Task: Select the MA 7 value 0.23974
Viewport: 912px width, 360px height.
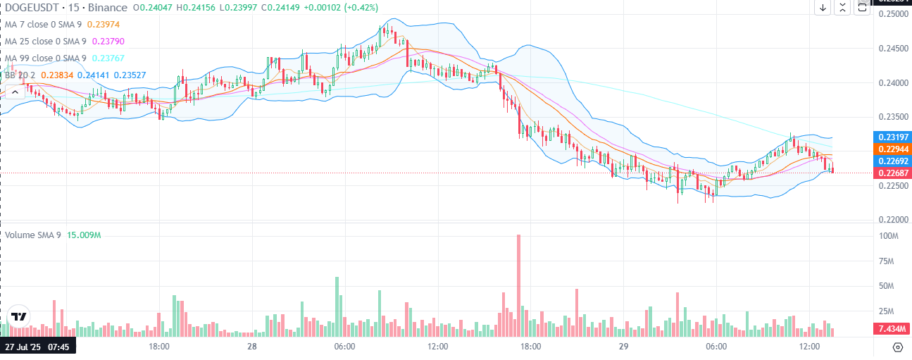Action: pos(106,25)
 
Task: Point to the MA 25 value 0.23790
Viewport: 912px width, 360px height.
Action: pos(108,41)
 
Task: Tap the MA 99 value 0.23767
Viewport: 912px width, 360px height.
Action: pos(108,58)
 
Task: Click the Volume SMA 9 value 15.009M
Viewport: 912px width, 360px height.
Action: pos(84,235)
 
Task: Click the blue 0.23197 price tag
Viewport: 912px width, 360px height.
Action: pos(891,137)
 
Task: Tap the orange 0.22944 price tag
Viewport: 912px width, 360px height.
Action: pos(891,149)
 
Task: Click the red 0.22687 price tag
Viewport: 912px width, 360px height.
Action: pos(891,173)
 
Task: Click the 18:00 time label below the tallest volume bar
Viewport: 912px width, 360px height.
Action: pos(530,347)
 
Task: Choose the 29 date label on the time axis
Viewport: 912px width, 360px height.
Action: pos(623,347)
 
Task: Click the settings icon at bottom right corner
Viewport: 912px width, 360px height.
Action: pos(897,347)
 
